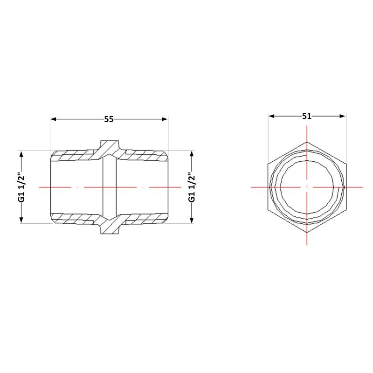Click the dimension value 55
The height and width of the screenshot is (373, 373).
pyautogui.click(x=109, y=119)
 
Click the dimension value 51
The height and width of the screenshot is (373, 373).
pyautogui.click(x=307, y=116)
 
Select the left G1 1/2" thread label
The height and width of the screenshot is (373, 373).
pyautogui.click(x=21, y=187)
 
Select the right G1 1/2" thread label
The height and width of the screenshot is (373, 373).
pyautogui.click(x=192, y=187)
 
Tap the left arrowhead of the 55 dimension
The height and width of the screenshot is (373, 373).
pyautogui.click(x=53, y=119)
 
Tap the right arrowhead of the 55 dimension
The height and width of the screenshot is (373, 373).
pyautogui.click(x=165, y=119)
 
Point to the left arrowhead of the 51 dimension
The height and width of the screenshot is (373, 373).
pyautogui.click(x=271, y=116)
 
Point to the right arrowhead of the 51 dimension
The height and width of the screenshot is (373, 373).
pyautogui.click(x=342, y=116)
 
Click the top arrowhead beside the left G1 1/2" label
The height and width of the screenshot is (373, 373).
pyautogui.click(x=21, y=154)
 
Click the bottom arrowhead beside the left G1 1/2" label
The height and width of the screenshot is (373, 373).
pyautogui.click(x=21, y=220)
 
